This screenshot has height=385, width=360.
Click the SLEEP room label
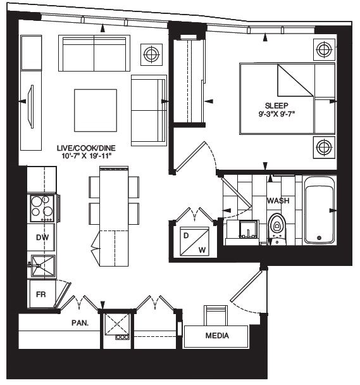(x=276, y=105)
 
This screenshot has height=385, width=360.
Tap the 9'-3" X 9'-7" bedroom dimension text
(x=276, y=115)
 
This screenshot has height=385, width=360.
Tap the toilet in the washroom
(x=276, y=229)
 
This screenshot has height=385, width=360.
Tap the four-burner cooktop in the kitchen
(x=42, y=207)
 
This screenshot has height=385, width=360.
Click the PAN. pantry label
(x=80, y=322)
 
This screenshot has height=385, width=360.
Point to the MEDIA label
(x=217, y=336)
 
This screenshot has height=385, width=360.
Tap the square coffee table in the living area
(x=96, y=109)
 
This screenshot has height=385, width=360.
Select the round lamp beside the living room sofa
(x=151, y=54)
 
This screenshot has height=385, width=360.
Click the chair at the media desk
(x=215, y=315)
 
